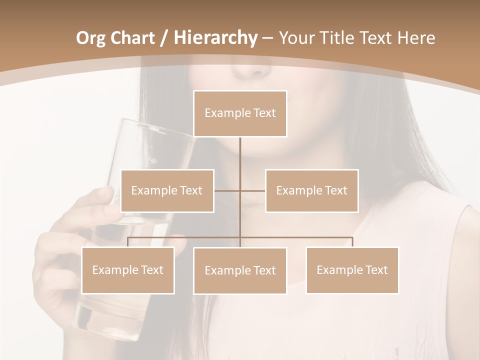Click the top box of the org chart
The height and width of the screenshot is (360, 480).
240,113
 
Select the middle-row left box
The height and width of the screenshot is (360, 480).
167,190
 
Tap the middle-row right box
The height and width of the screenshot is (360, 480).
311,190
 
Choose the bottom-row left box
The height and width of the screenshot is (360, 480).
127,270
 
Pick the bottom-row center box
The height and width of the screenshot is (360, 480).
240,270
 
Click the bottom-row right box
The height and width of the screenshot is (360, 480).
352,270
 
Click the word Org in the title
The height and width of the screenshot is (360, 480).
90,38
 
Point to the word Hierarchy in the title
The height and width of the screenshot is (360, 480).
215,38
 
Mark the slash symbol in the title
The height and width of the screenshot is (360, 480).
163,38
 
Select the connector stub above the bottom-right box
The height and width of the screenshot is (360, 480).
352,242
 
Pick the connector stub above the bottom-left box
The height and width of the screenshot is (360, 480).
127,242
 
